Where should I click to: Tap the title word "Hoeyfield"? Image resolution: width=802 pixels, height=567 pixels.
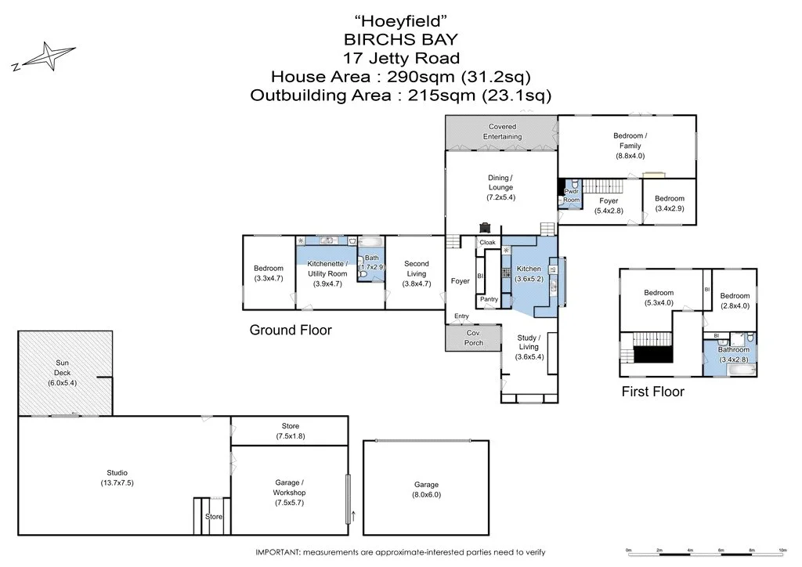[400, 20]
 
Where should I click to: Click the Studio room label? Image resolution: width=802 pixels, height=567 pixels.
[117, 478]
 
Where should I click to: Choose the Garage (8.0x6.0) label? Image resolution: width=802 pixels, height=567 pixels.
[426, 489]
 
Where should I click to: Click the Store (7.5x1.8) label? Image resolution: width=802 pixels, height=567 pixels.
[291, 431]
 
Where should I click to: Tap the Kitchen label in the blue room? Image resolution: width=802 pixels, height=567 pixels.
[529, 273]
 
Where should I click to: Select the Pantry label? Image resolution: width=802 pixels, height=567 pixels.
[489, 299]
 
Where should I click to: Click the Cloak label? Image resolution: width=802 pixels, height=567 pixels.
[488, 243]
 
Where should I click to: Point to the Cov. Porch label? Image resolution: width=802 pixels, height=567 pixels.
[474, 338]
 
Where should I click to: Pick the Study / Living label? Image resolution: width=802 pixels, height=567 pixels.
[529, 347]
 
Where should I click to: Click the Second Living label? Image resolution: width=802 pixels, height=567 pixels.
[416, 269]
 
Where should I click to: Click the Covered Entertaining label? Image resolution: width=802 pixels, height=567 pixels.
[502, 132]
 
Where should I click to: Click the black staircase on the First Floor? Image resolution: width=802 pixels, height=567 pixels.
[653, 355]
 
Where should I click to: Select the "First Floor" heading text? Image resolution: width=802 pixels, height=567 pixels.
[652, 392]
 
